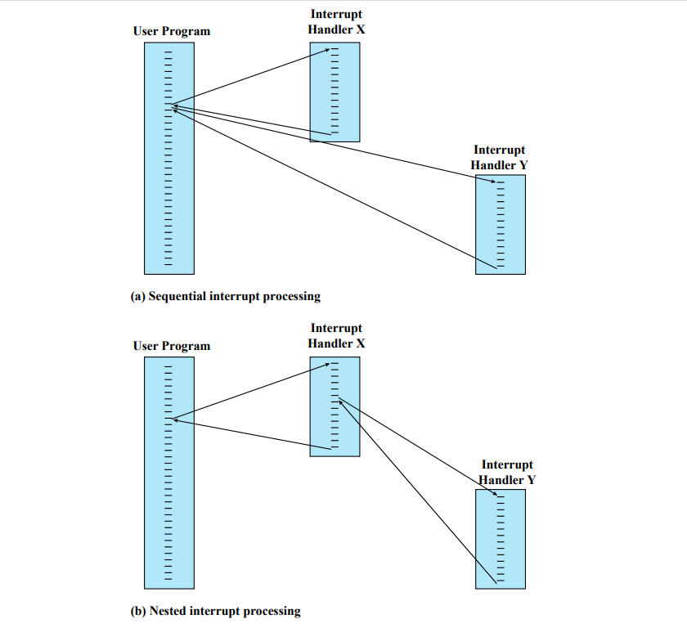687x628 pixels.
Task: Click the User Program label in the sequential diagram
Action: click(x=171, y=31)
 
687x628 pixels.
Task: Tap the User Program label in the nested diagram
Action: click(x=171, y=346)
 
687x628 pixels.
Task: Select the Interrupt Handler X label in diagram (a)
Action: click(x=336, y=22)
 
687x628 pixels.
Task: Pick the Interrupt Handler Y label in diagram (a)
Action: click(x=499, y=158)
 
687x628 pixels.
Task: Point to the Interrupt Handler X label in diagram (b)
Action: click(x=336, y=336)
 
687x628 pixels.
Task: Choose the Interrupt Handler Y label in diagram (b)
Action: click(x=507, y=472)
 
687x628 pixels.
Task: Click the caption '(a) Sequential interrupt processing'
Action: click(x=225, y=296)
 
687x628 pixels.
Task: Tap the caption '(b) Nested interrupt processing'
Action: click(x=215, y=611)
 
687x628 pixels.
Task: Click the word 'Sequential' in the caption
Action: click(x=175, y=296)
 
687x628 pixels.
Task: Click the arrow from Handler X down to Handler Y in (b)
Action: click(x=417, y=446)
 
